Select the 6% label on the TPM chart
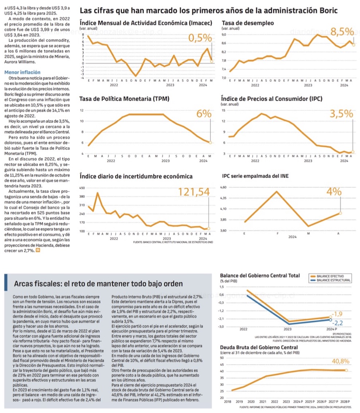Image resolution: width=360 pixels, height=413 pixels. tap(204, 114)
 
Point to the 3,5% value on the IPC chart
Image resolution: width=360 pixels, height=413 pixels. tap(341, 114)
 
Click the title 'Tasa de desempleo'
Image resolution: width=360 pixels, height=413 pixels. tap(248, 23)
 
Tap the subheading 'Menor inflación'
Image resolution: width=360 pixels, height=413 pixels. tap(22, 73)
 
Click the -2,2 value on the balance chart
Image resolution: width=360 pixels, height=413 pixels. tap(338, 323)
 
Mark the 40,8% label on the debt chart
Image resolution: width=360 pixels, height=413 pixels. tap(341, 362)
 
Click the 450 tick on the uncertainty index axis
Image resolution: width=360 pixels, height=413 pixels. tap(82, 188)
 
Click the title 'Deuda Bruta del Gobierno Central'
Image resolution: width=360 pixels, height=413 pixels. tap(259, 347)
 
